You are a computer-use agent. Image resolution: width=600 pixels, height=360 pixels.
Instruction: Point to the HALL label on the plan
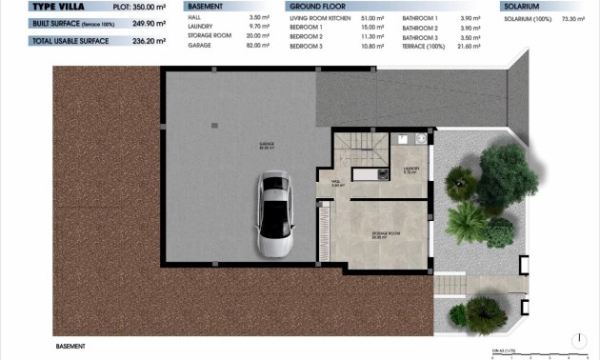pyautogui.click(x=337, y=183)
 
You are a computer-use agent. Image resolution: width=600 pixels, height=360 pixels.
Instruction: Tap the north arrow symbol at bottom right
pyautogui.click(x=582, y=338)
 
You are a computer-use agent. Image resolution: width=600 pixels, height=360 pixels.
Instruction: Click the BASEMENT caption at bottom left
pyautogui.click(x=71, y=347)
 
